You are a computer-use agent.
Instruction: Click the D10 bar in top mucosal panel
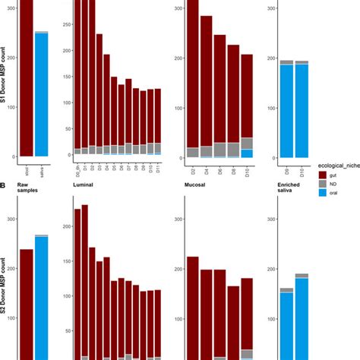[x=247, y=106]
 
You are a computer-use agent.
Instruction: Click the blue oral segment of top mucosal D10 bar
[x=247, y=153]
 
